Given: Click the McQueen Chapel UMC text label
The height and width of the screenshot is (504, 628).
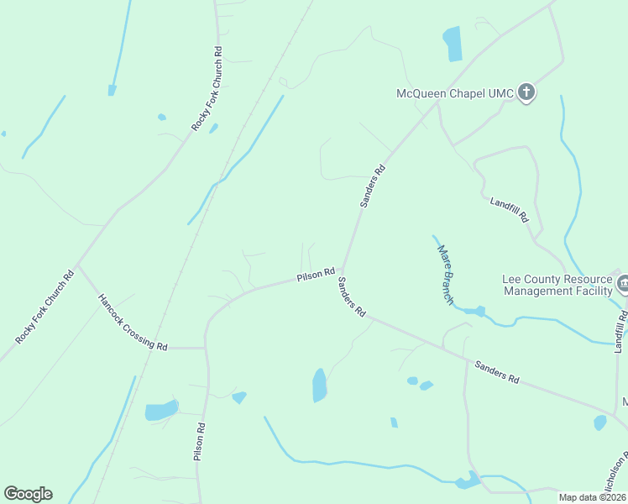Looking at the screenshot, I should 454,93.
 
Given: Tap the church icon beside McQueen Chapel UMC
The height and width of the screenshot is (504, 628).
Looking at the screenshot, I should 526,92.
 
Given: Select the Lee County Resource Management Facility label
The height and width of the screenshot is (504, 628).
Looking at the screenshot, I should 557,285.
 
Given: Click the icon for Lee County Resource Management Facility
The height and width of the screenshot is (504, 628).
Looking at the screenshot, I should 623,284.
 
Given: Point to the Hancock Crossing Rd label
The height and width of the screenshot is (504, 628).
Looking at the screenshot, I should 133,322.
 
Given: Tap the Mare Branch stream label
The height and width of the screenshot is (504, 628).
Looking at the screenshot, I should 446,274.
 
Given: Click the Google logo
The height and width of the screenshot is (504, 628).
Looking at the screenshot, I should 28,494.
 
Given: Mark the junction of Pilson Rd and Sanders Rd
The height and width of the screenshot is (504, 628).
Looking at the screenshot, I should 342,270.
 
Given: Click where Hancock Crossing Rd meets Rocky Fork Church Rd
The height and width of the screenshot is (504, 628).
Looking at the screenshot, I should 77,267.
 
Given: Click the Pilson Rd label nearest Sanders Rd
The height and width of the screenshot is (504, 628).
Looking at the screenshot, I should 316,275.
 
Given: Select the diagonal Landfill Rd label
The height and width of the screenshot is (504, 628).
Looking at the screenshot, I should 510,208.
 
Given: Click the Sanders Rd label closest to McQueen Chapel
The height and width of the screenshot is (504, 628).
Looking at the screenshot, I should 373,186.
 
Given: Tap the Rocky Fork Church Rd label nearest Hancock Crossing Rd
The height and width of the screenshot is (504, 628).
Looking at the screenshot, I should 44,307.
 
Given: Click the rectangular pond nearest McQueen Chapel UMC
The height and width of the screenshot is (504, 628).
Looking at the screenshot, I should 453,44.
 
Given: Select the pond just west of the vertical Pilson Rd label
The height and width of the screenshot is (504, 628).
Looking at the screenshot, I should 161,410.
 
